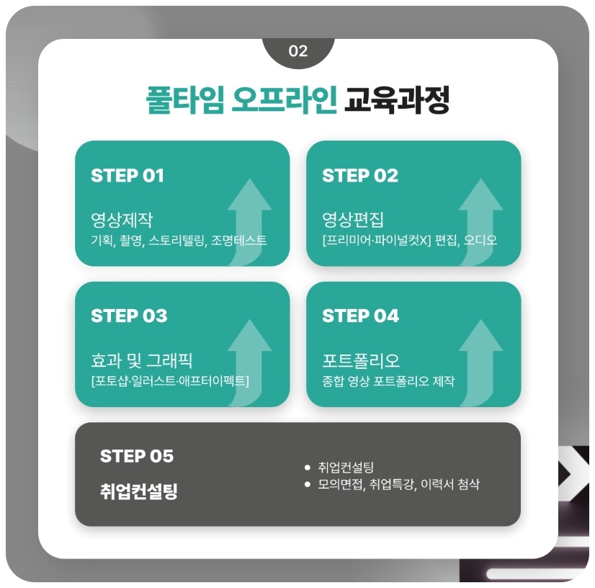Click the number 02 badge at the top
(297, 51)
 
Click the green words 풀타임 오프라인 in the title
(241, 100)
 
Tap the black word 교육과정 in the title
(397, 100)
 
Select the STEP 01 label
(127, 176)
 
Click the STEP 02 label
(359, 176)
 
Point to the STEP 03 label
(129, 316)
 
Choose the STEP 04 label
(360, 316)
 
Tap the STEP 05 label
(137, 456)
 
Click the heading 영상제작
(122, 219)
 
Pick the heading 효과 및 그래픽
(142, 360)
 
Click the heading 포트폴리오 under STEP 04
(361, 360)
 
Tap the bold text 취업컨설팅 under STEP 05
(138, 492)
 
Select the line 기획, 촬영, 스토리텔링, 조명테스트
(179, 241)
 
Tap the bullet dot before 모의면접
(308, 484)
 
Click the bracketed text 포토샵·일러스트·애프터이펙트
(170, 381)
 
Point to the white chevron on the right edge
(573, 472)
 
